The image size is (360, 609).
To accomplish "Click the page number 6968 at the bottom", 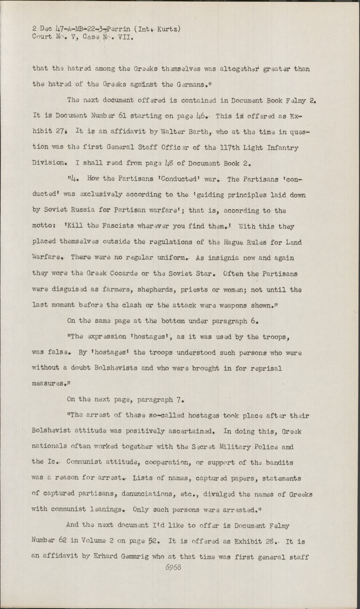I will (x=173, y=567).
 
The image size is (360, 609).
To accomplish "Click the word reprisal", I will (x=267, y=368).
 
